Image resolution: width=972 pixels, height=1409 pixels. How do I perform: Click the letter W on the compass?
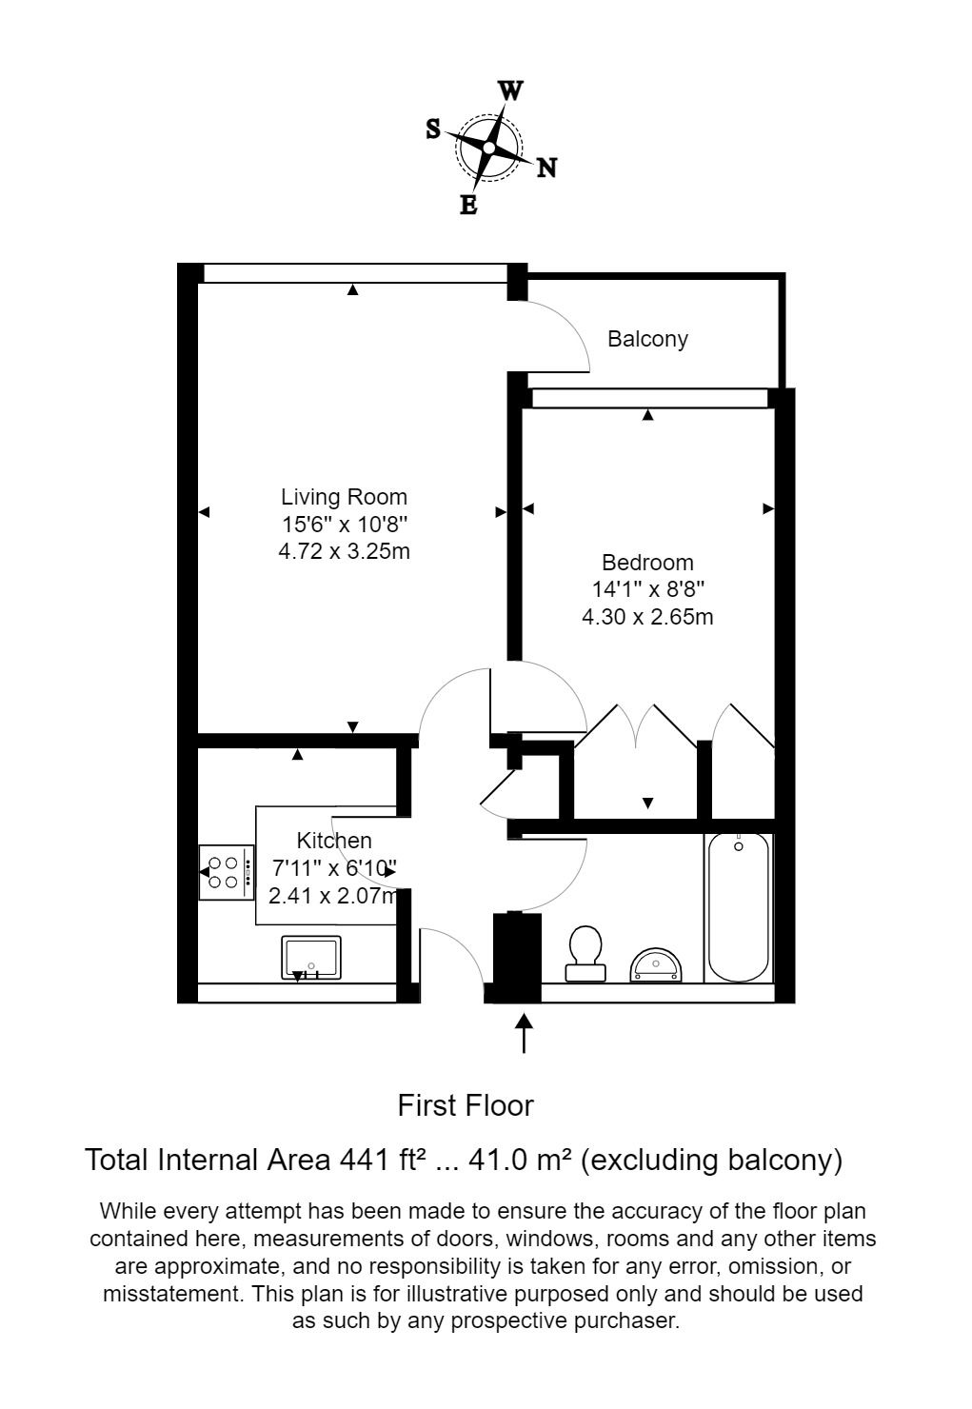click(x=511, y=91)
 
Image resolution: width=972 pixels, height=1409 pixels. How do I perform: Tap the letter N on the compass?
click(x=546, y=169)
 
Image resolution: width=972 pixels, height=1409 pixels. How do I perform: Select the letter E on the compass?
click(x=468, y=205)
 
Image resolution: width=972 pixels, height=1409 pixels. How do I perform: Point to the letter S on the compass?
click(x=433, y=129)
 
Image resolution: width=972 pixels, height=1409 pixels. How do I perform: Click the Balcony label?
click(x=647, y=339)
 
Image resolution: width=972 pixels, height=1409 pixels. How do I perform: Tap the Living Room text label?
click(x=344, y=497)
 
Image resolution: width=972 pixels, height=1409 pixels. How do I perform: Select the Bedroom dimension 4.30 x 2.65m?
click(x=647, y=617)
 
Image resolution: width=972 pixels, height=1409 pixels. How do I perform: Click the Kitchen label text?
click(x=334, y=841)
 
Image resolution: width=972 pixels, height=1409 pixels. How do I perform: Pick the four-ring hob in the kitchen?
click(x=227, y=872)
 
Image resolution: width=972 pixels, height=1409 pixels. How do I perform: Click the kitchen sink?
click(x=310, y=957)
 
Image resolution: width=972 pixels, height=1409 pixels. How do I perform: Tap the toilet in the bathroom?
click(x=585, y=953)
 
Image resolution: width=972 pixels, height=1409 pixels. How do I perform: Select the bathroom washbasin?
click(x=656, y=964)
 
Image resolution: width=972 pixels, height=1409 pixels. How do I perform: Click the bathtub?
click(x=739, y=906)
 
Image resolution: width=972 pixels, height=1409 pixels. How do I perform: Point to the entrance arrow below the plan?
click(x=524, y=1033)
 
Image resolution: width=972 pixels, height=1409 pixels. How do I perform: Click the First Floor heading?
click(x=466, y=1105)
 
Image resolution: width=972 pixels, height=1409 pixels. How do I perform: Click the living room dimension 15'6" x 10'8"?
click(x=344, y=524)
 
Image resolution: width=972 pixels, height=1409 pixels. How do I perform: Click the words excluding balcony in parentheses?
click(x=711, y=1160)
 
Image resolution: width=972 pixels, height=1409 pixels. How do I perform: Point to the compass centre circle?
click(x=489, y=148)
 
